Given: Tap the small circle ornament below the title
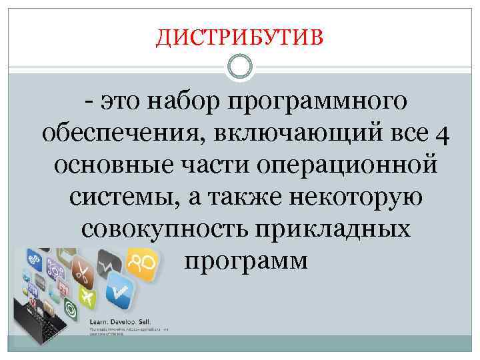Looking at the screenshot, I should click(240, 67).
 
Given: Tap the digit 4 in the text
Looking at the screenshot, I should click(443, 135).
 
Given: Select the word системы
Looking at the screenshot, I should click(115, 196).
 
